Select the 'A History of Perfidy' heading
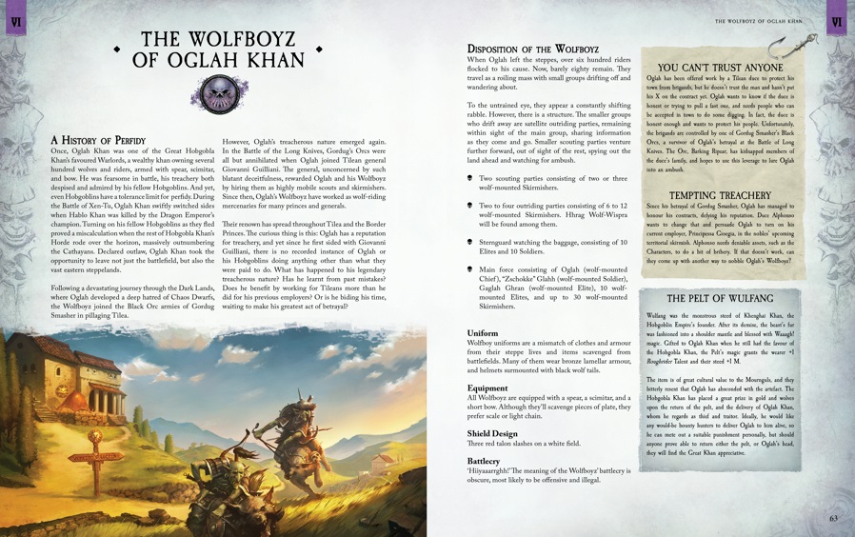97,140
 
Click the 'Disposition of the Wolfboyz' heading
532,49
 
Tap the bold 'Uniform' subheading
483,334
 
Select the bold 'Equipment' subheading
487,388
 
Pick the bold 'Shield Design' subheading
492,433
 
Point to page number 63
833,518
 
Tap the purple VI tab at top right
837,21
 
